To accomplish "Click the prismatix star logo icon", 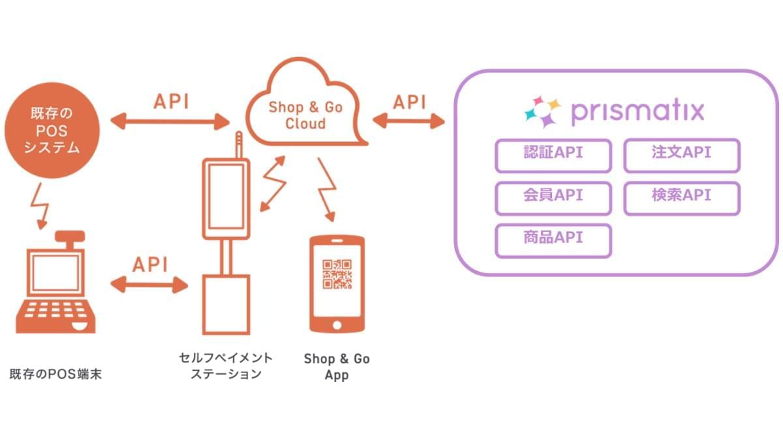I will tap(542, 111).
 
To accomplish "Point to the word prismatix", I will tap(637, 111).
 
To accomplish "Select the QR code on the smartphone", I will tap(337, 274).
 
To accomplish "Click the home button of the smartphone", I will tap(337, 324).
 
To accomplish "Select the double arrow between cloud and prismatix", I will tap(408, 121).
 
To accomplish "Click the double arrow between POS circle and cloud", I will tap(172, 121).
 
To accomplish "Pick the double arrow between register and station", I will tap(149, 284).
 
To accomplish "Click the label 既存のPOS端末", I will tap(55, 375).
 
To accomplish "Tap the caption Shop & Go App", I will tap(337, 367).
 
